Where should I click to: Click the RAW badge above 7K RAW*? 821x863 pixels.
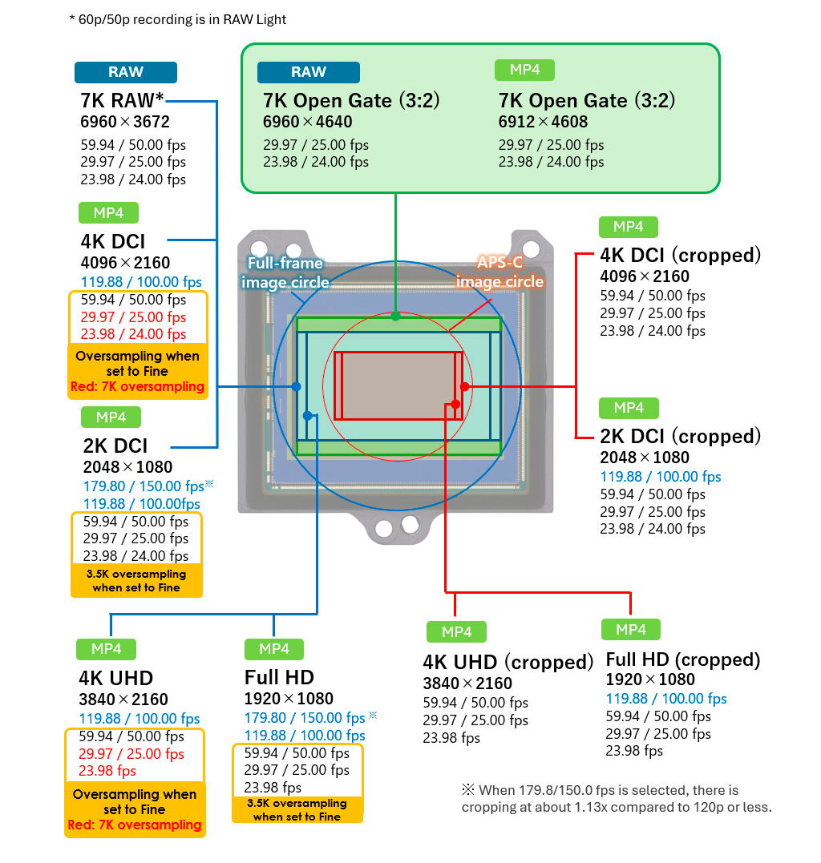click(125, 72)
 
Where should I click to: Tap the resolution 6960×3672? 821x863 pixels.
click(125, 122)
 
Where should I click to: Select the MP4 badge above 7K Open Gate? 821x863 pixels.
click(524, 70)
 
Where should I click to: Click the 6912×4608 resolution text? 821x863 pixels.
click(543, 122)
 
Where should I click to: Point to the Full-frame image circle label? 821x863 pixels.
click(285, 272)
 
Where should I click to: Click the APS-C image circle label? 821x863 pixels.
click(500, 272)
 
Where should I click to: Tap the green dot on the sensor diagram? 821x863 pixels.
click(395, 316)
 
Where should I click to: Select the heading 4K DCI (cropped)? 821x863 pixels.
click(680, 255)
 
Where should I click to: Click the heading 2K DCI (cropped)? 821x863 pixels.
click(680, 436)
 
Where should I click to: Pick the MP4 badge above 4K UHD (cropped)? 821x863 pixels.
click(456, 632)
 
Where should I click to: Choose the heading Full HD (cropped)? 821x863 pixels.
click(682, 659)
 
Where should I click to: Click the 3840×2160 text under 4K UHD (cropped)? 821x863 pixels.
click(467, 684)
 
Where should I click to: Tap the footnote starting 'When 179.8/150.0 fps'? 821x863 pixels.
click(616, 799)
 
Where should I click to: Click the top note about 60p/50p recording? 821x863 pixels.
click(177, 19)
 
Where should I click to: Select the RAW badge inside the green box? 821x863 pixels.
click(308, 72)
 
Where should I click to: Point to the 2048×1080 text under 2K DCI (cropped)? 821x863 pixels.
click(645, 458)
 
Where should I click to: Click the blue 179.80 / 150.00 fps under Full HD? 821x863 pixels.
click(305, 718)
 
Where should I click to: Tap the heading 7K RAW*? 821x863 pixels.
click(123, 101)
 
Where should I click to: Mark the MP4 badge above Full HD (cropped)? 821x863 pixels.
click(631, 629)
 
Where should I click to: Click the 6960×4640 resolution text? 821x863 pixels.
click(307, 122)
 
